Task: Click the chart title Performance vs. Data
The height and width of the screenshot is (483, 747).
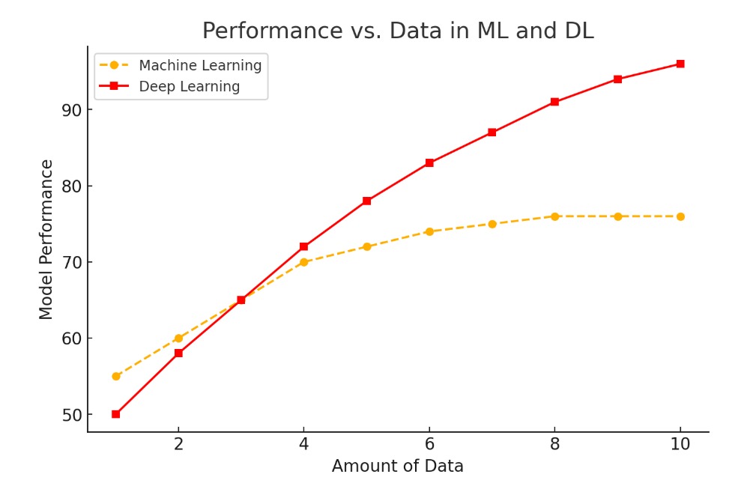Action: [x=397, y=31]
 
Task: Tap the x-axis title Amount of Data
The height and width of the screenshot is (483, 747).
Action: [x=397, y=467]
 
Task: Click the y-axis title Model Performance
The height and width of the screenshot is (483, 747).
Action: [x=47, y=240]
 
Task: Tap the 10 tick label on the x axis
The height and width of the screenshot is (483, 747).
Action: [x=680, y=443]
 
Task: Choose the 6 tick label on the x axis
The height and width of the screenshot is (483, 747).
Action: [x=429, y=443]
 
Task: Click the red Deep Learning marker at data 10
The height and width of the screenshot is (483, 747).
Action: [x=680, y=64]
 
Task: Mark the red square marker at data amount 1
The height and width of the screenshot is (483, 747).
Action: [x=116, y=414]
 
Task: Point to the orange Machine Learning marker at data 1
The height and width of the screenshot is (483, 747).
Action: [x=116, y=376]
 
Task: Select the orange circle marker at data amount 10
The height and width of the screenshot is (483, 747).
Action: [x=680, y=216]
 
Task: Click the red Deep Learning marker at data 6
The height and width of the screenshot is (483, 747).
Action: [x=429, y=162]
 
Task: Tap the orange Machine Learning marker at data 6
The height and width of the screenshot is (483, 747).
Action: [x=429, y=231]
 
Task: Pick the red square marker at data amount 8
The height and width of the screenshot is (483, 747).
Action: [x=554, y=102]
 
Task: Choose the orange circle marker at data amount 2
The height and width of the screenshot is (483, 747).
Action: [x=178, y=338]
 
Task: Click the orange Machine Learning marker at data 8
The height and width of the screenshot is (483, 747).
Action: [x=554, y=216]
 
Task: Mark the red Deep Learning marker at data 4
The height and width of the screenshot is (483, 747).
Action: [x=303, y=246]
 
